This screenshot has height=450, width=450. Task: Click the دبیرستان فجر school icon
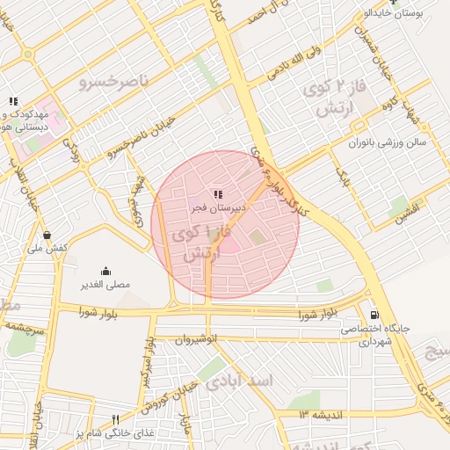pos(217,194)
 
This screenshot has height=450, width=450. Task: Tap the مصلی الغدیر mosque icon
pos(106,271)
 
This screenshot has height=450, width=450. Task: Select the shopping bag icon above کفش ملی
pos(47,235)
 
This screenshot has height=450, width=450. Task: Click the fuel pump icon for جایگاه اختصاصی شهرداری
pos(375,315)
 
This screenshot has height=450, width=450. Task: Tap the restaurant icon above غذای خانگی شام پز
pos(115,419)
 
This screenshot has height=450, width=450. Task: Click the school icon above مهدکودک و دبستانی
pos(12,101)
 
